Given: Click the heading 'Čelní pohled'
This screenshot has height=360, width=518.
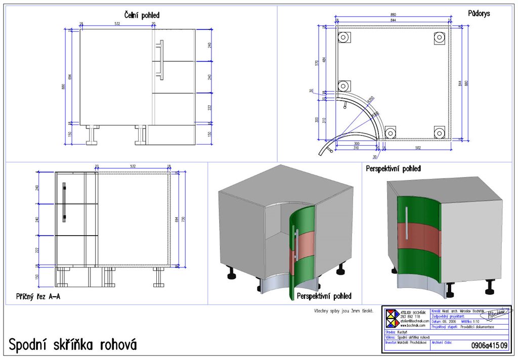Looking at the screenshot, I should [x=142, y=16].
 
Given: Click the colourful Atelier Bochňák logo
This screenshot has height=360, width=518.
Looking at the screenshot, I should [x=393, y=320].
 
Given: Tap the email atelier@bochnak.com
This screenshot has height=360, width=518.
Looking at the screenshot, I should [x=415, y=321].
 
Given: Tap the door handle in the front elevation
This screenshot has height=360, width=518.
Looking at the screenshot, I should [x=161, y=60].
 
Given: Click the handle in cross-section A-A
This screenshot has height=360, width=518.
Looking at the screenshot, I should [x=64, y=202].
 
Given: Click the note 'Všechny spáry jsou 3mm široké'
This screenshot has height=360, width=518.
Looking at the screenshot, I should [x=343, y=310].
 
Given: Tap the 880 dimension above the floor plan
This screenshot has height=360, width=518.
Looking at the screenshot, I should [x=393, y=17].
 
